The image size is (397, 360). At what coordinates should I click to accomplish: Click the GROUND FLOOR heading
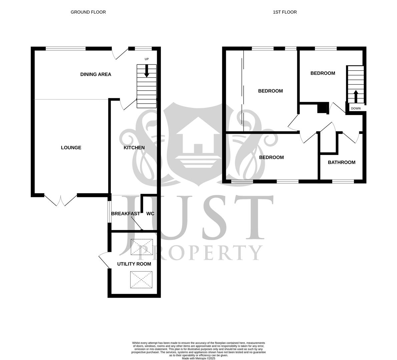[x=88, y=12]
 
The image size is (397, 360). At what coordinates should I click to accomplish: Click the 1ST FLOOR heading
[x=285, y=12]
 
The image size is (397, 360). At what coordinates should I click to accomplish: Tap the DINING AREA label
[x=95, y=74]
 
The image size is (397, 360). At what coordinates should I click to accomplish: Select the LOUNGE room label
[x=71, y=148]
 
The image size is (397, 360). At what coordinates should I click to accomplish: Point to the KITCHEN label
[x=134, y=148]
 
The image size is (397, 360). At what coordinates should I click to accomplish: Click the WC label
[x=150, y=213]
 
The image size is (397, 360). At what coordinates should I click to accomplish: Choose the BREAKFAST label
[x=125, y=213]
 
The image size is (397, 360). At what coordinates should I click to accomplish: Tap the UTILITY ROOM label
[x=134, y=264]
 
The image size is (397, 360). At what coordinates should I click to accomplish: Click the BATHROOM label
[x=341, y=162]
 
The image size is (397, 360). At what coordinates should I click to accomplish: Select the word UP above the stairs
[x=146, y=59]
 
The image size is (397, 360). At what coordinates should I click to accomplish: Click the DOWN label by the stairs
[x=356, y=108]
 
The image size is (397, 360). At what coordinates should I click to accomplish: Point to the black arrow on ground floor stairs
[x=146, y=71]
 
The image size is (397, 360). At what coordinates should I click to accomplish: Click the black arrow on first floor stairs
[x=356, y=96]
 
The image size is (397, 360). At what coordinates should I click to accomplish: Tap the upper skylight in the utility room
[x=142, y=247]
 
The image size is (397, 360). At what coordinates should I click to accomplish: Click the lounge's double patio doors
[x=61, y=200]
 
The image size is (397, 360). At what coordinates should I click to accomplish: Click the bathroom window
[x=343, y=182]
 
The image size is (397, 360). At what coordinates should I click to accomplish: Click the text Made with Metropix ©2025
[x=198, y=358]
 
